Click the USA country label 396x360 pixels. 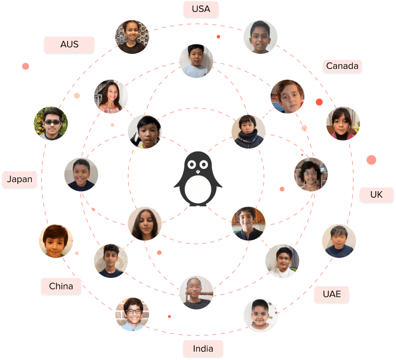[201, 9]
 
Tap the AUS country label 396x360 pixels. [69, 44]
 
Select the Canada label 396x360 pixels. [342, 66]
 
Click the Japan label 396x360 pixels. [20, 179]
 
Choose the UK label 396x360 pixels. [376, 195]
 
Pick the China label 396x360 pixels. [61, 286]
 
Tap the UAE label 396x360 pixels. [332, 294]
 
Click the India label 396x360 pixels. [203, 349]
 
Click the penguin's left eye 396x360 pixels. [192, 165]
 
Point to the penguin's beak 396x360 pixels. [198, 172]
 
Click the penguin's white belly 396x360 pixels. [198, 189]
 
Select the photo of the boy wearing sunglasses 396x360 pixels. [51, 123]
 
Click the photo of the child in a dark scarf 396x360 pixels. [249, 132]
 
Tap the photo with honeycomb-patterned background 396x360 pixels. [132, 37]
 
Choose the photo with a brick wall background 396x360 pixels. [132, 314]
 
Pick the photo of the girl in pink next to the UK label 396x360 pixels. [343, 123]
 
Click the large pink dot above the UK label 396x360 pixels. [371, 160]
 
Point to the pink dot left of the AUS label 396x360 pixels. [26, 66]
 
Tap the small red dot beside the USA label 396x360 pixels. [219, 37]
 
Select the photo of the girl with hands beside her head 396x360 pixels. [197, 292]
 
